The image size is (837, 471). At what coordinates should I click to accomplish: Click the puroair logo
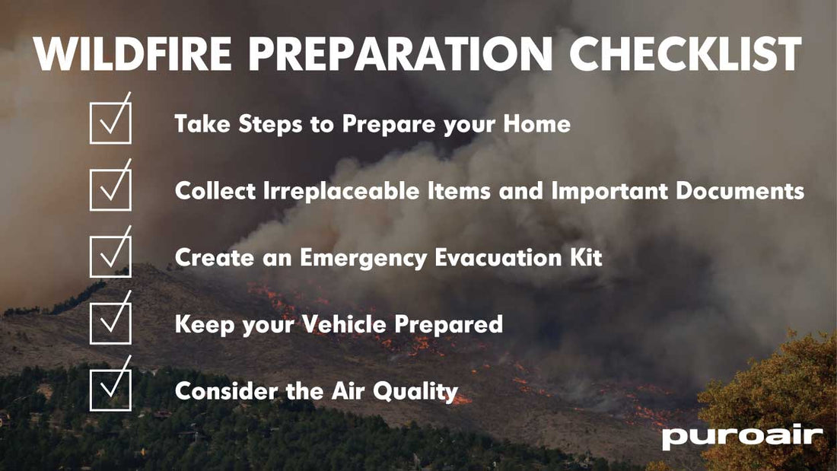(x=742, y=438)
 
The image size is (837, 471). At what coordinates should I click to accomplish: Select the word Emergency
(x=364, y=257)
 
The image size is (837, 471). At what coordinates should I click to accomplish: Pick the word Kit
(x=587, y=257)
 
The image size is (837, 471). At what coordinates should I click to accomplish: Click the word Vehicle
(x=340, y=324)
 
